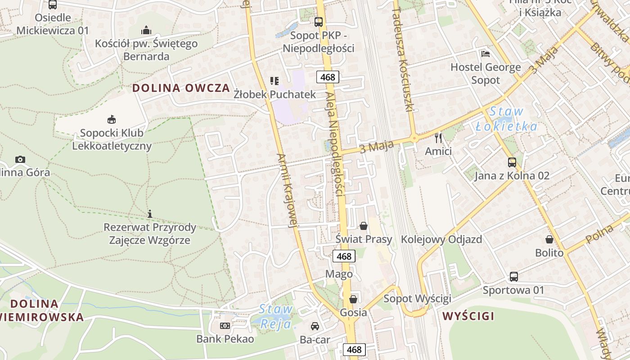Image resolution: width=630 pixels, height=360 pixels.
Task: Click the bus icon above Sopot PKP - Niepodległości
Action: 319,21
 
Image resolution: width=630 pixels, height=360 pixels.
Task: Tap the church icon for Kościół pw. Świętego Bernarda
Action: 146,30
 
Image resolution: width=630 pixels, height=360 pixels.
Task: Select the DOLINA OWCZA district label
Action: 181,88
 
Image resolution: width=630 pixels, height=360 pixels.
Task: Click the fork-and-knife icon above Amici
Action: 438,138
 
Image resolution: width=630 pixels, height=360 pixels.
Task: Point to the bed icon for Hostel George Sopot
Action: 486,54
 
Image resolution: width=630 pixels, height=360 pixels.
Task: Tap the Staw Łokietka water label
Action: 507,119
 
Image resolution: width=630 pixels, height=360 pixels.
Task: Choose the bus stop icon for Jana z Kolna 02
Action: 512,162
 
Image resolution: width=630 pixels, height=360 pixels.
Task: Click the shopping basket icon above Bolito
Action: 549,239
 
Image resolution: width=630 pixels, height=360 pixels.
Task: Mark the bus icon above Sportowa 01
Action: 513,276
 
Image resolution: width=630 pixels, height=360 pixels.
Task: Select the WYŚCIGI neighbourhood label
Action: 468,316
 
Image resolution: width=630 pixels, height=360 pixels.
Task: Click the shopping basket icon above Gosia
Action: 353,299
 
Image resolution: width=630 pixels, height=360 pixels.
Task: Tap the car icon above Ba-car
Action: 315,326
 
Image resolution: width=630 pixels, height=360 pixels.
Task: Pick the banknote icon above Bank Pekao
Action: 225,325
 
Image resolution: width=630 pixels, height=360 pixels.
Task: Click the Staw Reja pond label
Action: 276,316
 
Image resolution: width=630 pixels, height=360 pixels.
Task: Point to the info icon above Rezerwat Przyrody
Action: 150,214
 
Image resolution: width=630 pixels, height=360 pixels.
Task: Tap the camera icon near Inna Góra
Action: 20,159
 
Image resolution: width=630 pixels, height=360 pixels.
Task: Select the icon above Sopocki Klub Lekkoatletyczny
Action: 112,120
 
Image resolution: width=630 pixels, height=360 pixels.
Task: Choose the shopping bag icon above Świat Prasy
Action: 364,225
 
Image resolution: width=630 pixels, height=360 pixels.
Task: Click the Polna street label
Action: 600,234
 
